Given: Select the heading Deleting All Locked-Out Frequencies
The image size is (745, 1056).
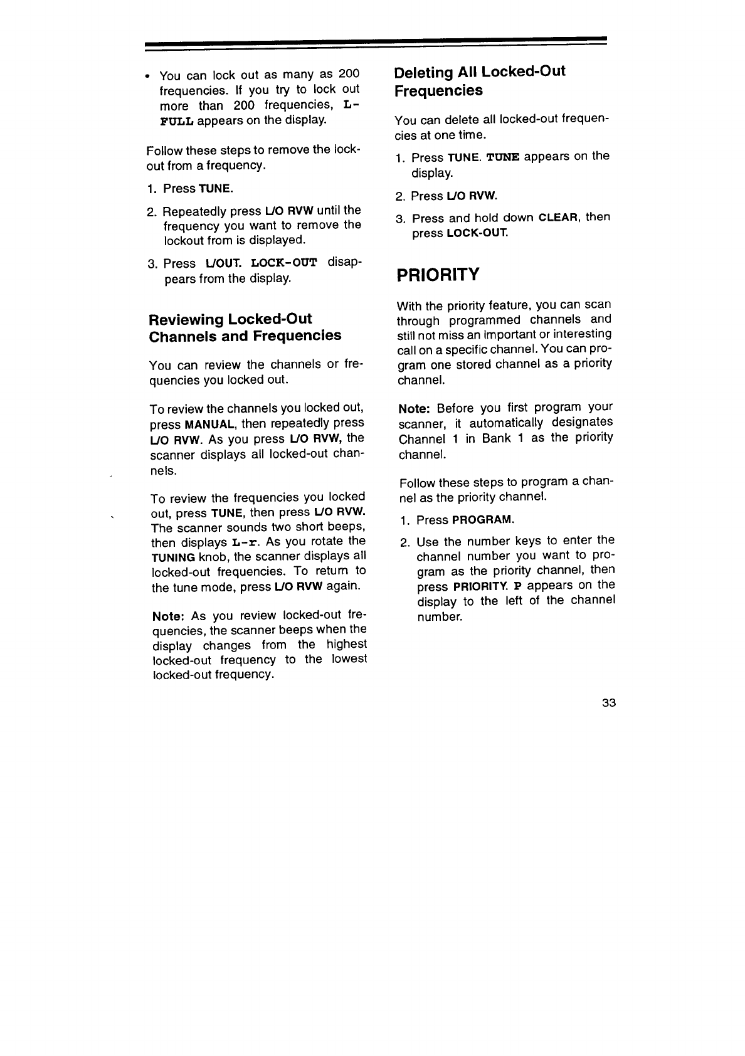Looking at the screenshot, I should (479, 81).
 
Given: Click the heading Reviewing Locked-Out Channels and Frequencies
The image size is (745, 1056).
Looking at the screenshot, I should (245, 327).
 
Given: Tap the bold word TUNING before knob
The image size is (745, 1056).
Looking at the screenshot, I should (173, 557).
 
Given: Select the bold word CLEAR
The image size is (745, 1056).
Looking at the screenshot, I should (559, 218).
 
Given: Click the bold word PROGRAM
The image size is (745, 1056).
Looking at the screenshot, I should (482, 520).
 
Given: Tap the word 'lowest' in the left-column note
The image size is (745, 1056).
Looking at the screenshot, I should (349, 660).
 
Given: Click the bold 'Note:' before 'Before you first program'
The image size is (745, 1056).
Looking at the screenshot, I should (413, 408).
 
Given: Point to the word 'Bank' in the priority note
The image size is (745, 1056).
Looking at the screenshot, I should (497, 438).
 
